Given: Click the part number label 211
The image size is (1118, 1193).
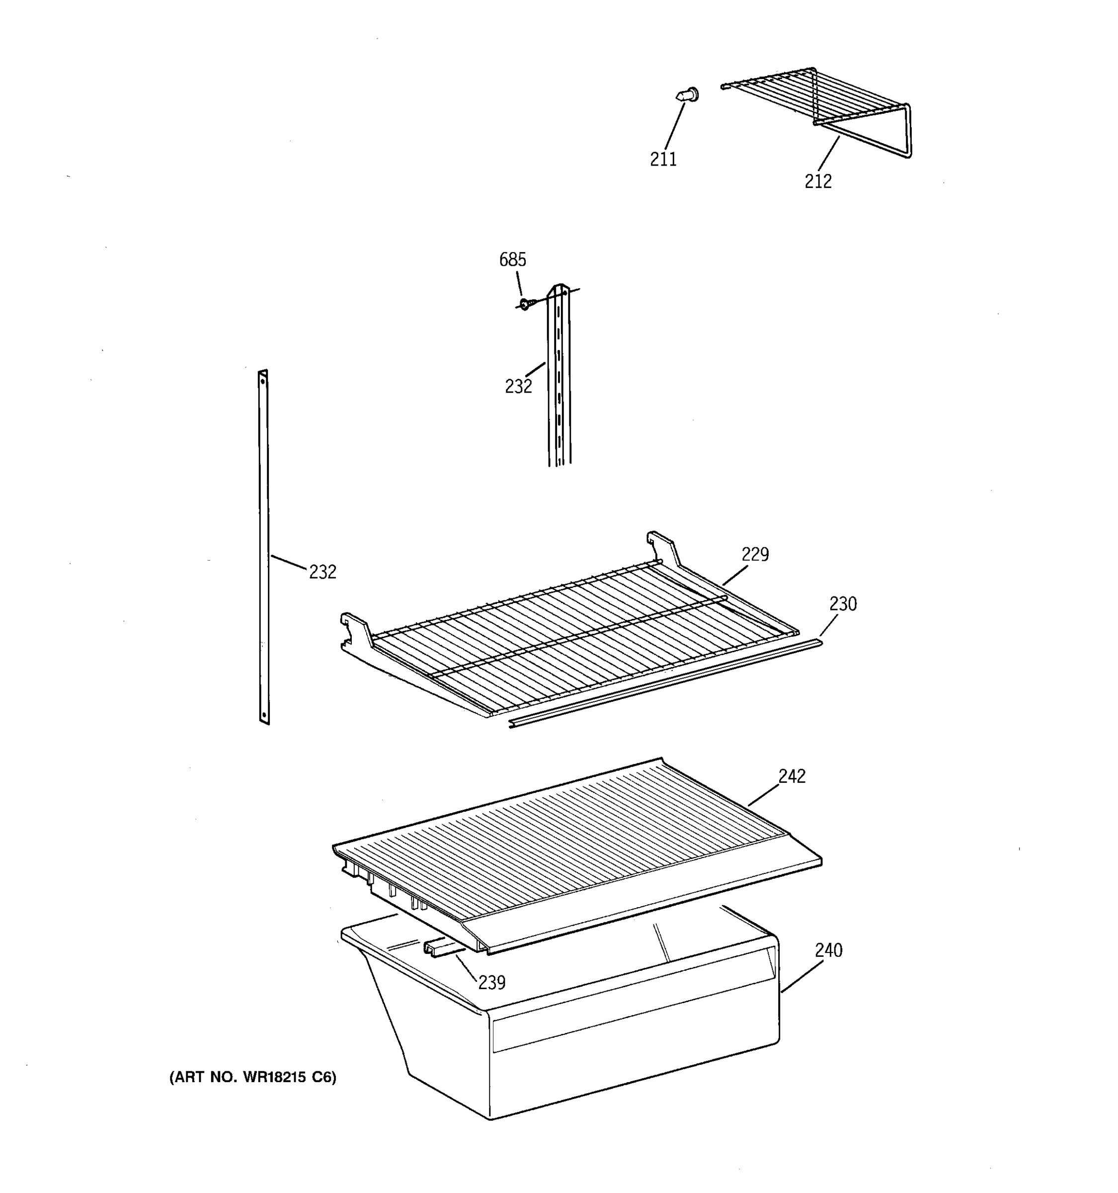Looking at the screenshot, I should pyautogui.click(x=663, y=159).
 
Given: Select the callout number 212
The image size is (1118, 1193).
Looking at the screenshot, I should pyautogui.click(x=818, y=181).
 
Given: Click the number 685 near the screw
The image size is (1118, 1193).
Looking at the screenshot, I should pyautogui.click(x=512, y=260).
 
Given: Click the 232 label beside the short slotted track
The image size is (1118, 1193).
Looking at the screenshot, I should pyautogui.click(x=518, y=386).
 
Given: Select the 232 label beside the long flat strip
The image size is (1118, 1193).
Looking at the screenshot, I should pyautogui.click(x=322, y=573).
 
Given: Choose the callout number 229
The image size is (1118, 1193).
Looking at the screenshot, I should pyautogui.click(x=755, y=554).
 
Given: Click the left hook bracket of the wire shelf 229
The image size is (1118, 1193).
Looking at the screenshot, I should pyautogui.click(x=357, y=630).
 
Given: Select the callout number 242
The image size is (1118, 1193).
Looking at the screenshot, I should pyautogui.click(x=792, y=776).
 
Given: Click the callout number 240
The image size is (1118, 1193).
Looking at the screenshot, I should pyautogui.click(x=828, y=950).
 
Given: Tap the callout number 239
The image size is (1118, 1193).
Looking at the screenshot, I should pyautogui.click(x=491, y=983).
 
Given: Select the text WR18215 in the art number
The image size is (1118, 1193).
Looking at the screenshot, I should pyautogui.click(x=274, y=1078).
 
